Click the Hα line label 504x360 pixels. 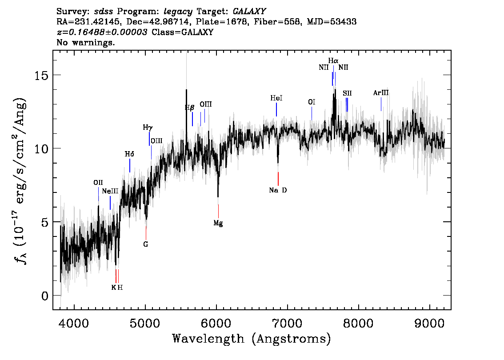point(333,60)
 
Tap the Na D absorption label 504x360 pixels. point(278,190)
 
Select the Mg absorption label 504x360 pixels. point(218,223)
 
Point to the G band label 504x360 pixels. point(145,244)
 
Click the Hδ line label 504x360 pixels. point(129,154)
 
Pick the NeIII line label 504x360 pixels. point(110,191)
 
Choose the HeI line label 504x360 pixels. point(276,98)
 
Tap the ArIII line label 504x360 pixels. point(381,93)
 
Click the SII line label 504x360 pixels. point(347,93)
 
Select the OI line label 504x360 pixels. point(312,102)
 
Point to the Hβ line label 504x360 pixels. point(190,108)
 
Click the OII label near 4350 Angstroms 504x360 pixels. point(98,182)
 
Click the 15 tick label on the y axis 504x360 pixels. point(42,75)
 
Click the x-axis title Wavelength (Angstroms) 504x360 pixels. point(252,339)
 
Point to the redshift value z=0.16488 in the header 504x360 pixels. point(102,32)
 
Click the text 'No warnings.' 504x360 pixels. point(86,43)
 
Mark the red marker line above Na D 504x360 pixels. point(278,179)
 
